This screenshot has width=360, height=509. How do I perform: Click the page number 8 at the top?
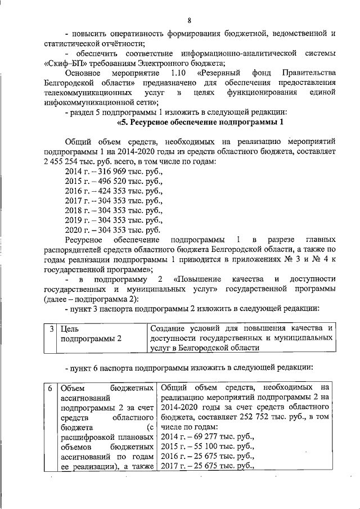point(190,21)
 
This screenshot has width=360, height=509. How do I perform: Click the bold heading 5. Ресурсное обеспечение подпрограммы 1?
point(199,122)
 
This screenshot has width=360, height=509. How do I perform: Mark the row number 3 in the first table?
point(51,328)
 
